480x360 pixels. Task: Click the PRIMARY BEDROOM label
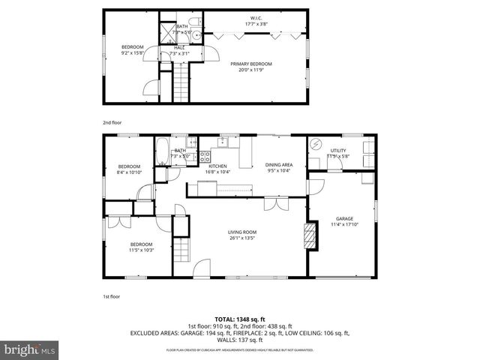pos(250,64)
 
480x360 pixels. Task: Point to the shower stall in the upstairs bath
pos(165,32)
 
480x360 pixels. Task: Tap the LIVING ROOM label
pos(242,232)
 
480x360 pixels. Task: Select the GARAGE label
pos(344,218)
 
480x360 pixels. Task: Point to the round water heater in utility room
pos(316,145)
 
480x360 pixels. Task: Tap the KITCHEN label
pos(217,166)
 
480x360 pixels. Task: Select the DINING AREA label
pos(278,166)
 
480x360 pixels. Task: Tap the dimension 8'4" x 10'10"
pos(129,172)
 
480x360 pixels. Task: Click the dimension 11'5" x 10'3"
pos(141,250)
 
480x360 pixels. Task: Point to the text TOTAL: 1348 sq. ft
pos(239,319)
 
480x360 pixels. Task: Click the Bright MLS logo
pos(30,349)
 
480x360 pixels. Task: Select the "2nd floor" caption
pos(112,121)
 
